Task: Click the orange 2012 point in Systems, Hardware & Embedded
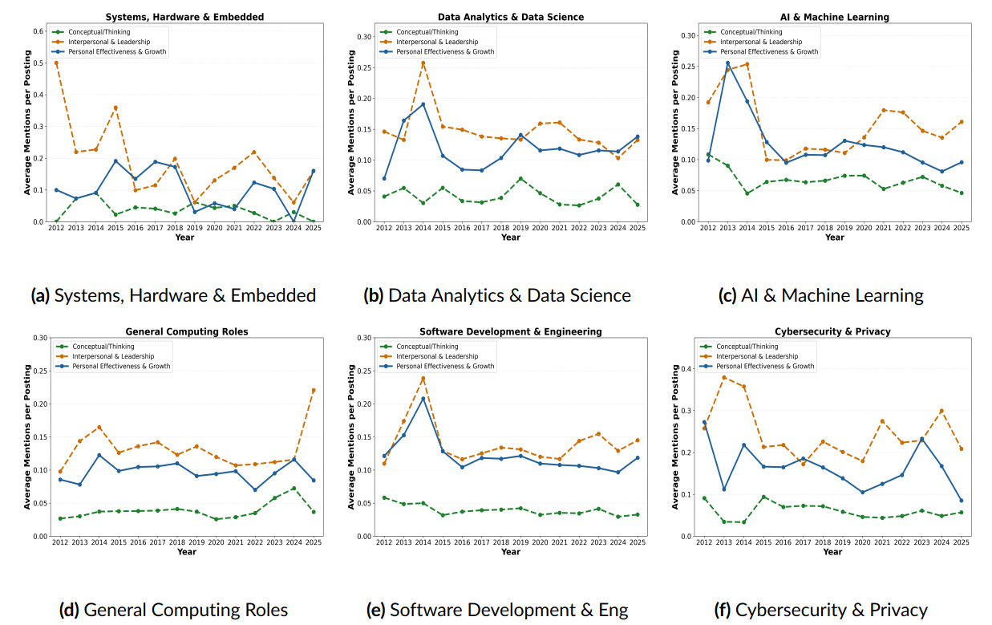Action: [56, 63]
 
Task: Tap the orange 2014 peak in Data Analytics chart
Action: [423, 63]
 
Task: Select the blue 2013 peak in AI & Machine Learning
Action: [727, 63]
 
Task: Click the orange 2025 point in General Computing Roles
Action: [314, 390]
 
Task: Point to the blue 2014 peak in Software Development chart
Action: [423, 399]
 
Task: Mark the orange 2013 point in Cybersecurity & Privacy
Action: [724, 377]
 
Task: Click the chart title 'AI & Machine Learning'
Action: [834, 17]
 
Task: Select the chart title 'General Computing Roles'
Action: [186, 331]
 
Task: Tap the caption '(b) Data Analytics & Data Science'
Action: [497, 295]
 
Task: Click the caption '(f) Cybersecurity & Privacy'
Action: [820, 610]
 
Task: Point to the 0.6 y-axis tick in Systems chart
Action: [38, 31]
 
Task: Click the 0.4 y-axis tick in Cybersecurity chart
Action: [686, 368]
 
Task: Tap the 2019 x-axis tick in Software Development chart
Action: [520, 542]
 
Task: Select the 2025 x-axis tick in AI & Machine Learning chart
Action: [962, 228]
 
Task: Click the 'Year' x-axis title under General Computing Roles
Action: [186, 551]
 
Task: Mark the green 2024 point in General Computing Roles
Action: [294, 488]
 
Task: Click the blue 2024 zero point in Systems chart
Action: [294, 221]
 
